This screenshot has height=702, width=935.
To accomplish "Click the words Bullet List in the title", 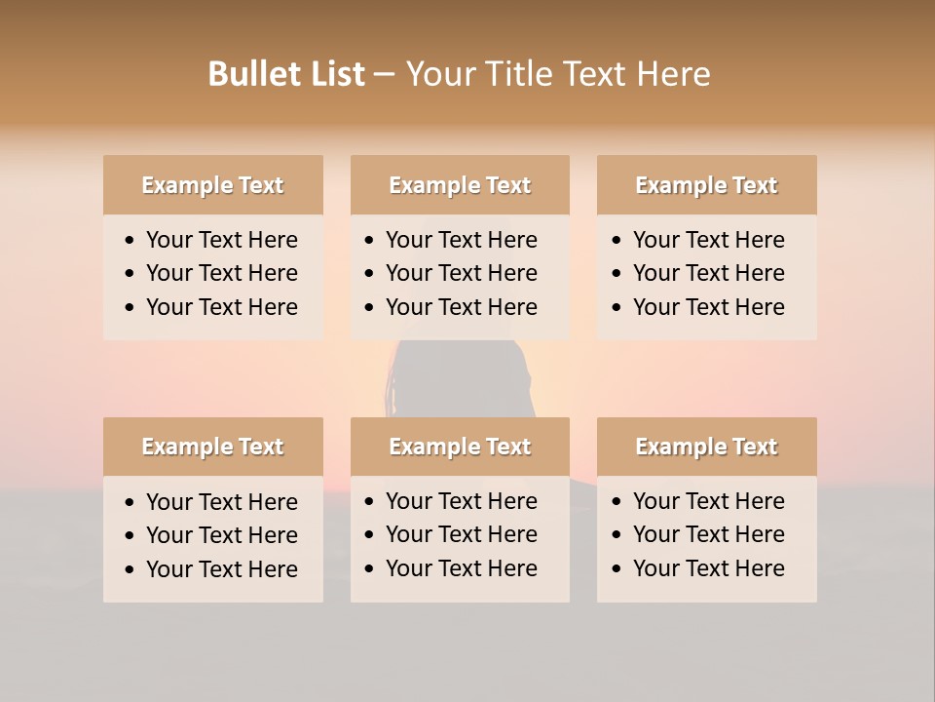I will click(286, 74).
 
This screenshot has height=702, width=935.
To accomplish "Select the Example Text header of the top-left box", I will click(212, 185).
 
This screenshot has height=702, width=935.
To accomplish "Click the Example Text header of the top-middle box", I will click(460, 185).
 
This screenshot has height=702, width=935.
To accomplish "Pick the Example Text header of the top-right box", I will click(706, 185).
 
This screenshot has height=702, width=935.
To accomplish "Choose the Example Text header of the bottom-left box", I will click(212, 447).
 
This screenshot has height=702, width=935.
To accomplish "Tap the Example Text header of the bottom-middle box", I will click(460, 447).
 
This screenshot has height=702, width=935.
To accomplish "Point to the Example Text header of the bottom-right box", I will click(706, 447).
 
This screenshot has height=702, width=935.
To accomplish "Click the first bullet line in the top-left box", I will click(221, 240).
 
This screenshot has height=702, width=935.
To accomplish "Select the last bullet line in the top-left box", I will click(221, 307).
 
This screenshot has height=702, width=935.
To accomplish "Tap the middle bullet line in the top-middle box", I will click(461, 273).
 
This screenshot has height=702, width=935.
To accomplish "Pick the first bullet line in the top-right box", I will click(708, 240).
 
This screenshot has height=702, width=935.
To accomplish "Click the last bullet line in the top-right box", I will click(708, 307).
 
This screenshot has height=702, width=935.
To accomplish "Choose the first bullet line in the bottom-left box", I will click(221, 502).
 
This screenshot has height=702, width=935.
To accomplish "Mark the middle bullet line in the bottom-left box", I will click(221, 535).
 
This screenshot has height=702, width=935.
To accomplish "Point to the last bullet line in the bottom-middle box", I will click(461, 568).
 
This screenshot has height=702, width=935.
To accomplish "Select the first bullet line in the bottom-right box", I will click(708, 501).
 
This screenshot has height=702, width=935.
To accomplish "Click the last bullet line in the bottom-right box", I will click(708, 568).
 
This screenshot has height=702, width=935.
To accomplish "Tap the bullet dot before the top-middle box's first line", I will click(369, 241).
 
